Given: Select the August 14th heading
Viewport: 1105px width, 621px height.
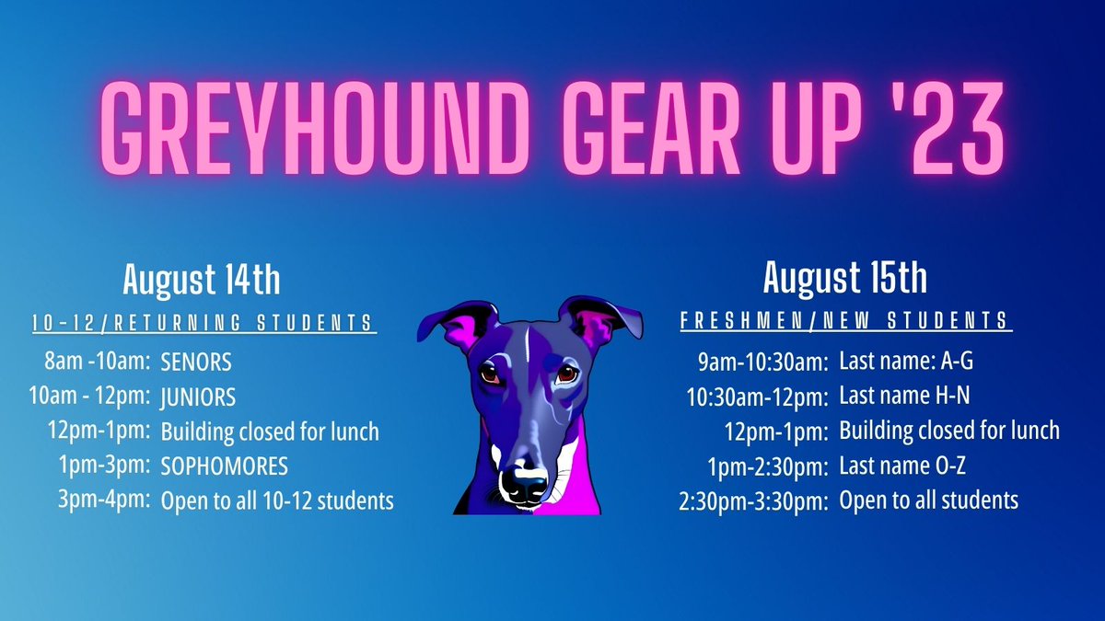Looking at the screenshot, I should point(202,279).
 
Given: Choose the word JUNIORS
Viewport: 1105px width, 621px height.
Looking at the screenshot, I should point(198,397).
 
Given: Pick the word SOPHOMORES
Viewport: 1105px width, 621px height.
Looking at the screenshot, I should point(225,466).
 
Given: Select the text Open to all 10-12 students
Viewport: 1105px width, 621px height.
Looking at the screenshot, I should point(277,500).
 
